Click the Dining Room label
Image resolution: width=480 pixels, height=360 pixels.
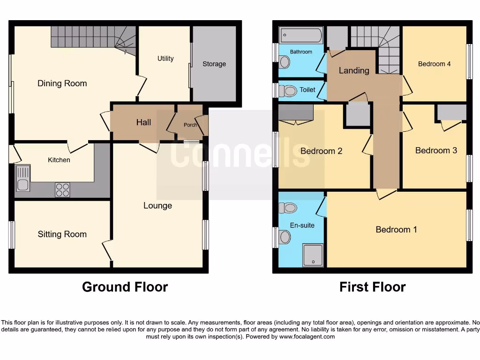[62, 83]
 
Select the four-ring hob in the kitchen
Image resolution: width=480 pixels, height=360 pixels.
[62, 189]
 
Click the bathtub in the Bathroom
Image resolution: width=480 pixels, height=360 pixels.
[300, 36]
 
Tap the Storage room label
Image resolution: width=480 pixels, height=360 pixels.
[214, 64]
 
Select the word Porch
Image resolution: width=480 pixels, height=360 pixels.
[190, 125]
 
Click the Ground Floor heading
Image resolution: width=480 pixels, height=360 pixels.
[125, 286]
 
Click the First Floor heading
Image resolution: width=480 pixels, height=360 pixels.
[372, 286]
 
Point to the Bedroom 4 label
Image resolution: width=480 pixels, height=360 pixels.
[434, 64]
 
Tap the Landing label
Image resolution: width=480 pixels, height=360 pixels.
[354, 70]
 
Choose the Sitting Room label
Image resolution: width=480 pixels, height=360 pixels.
[62, 234]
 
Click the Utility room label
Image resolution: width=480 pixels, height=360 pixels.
[165, 59]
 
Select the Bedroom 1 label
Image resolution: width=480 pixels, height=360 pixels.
[396, 229]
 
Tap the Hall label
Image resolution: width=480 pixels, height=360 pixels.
[143, 122]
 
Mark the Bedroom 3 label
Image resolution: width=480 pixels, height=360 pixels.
[436, 150]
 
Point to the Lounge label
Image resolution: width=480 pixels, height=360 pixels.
[157, 205]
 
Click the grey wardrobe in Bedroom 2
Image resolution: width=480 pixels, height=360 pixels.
[296, 113]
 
